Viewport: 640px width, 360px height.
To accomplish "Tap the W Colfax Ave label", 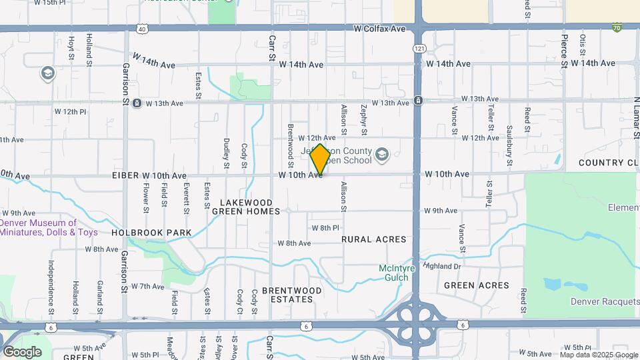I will (379, 29).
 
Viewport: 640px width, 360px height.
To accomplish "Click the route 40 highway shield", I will (142, 29).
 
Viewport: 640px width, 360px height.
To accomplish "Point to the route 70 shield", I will (617, 27).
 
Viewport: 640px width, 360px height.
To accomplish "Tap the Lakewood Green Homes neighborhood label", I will (246, 207).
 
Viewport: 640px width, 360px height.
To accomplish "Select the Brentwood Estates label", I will (287, 295).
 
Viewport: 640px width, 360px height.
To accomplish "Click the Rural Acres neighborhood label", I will (373, 239).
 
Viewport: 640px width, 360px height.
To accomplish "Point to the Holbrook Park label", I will (151, 233).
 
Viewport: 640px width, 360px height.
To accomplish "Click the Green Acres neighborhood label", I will (477, 285).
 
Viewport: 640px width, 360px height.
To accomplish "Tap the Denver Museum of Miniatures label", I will (49, 228).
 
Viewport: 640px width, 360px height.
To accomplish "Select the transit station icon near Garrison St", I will (137, 103).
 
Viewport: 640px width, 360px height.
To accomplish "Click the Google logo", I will (22, 352).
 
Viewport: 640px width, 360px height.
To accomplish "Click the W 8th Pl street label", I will (325, 228).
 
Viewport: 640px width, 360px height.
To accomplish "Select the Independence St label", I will (51, 287).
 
